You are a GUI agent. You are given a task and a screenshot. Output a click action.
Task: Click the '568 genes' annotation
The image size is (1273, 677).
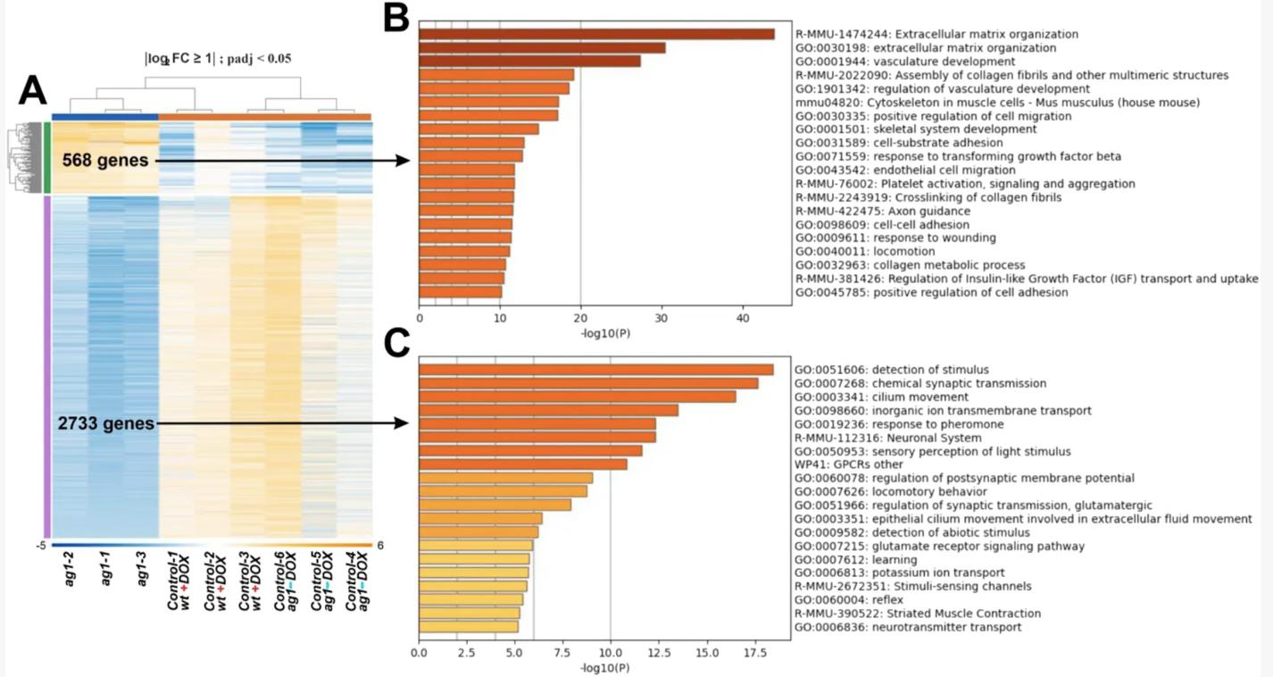tap(104, 161)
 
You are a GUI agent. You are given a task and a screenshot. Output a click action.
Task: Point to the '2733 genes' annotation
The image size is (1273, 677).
tap(106, 423)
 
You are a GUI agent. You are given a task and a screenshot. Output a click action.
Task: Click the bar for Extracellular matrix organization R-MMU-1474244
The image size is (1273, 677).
tap(596, 34)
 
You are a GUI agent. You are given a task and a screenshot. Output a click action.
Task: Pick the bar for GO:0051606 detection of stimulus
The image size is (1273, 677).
tap(595, 370)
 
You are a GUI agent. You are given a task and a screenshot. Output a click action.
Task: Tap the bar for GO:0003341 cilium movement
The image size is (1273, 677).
tap(577, 397)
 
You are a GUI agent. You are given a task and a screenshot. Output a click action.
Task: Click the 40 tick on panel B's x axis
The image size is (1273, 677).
tap(742, 318)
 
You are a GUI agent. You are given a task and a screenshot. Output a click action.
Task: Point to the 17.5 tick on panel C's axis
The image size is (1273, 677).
tap(754, 654)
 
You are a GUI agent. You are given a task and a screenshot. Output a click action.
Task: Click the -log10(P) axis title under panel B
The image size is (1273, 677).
tap(604, 332)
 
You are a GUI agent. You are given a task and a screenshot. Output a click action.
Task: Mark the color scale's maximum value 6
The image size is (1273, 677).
tap(380, 546)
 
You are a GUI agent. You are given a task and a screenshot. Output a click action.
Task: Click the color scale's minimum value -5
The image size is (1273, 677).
tap(41, 546)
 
